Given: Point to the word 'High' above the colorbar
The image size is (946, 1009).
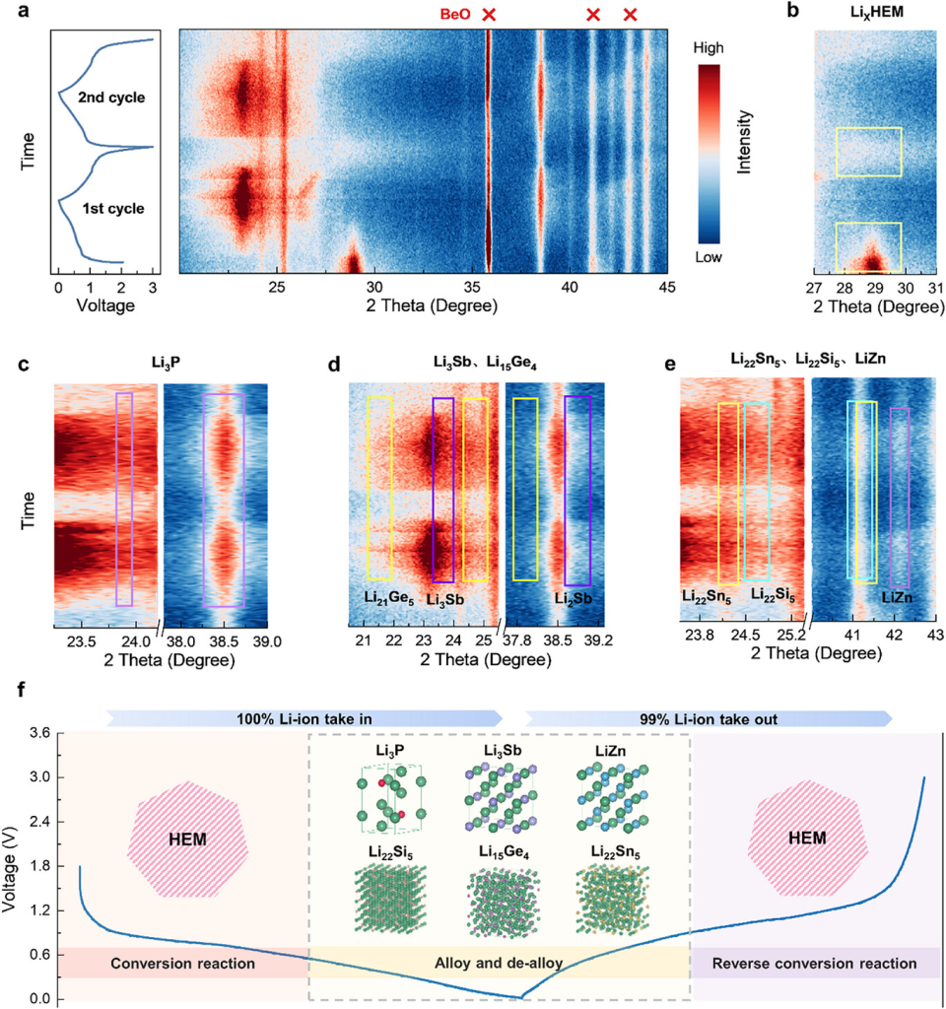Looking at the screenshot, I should tap(714, 46).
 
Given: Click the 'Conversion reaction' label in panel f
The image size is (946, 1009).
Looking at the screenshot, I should tap(183, 963).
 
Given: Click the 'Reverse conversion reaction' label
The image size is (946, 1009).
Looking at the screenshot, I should tap(817, 963).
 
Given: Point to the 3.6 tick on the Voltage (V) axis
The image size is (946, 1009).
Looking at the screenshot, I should tap(39, 733).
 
